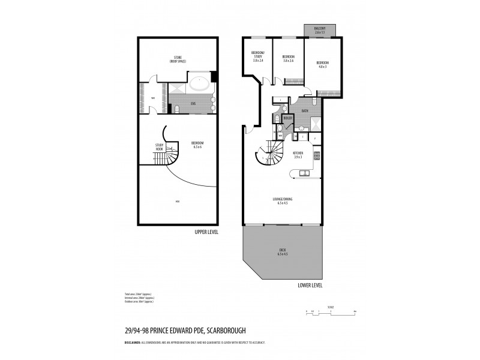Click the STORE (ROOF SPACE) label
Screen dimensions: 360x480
click(x=178, y=59)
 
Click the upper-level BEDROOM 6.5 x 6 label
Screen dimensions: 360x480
click(x=197, y=144)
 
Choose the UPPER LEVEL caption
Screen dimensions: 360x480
click(x=206, y=231)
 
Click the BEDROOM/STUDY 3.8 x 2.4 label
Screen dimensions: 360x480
click(x=257, y=58)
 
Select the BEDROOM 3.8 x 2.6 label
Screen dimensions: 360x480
click(x=288, y=59)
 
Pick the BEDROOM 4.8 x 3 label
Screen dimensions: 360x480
click(x=322, y=64)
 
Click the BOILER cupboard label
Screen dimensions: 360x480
click(x=287, y=118)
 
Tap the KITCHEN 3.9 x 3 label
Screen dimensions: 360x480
click(x=298, y=154)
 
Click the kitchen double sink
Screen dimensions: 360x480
click(x=304, y=173)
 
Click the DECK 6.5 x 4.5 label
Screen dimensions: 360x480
click(x=283, y=252)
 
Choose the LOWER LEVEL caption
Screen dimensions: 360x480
click(x=310, y=285)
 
